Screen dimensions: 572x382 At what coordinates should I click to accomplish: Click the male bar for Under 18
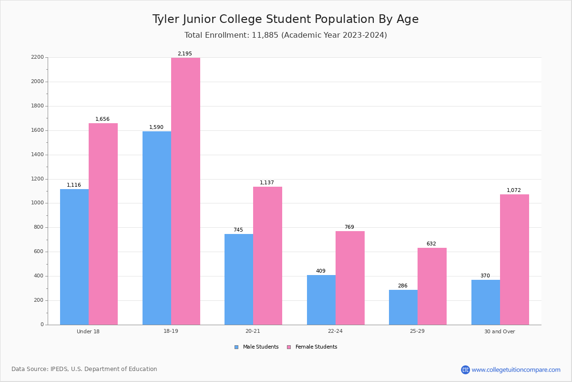tap(74, 257)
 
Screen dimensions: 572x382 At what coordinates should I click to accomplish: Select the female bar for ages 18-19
tap(185, 191)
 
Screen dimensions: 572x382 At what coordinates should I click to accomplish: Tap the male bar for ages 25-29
tap(403, 308)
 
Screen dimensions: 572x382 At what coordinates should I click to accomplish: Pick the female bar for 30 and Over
tap(514, 260)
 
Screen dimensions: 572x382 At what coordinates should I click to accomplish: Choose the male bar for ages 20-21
tap(239, 279)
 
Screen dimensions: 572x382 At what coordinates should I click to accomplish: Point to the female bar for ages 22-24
tap(350, 278)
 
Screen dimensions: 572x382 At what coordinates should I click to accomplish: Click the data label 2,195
tap(185, 54)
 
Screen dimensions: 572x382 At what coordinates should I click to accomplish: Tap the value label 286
tap(403, 286)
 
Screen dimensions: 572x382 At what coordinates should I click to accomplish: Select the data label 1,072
tap(514, 190)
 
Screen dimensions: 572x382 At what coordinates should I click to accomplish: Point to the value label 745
tap(238, 230)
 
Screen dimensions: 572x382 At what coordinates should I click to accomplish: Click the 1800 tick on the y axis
tap(37, 106)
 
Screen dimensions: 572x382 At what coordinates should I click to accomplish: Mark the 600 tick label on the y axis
tap(39, 252)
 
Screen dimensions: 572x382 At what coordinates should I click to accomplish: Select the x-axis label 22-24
tap(335, 331)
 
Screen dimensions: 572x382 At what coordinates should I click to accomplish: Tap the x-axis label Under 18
tap(88, 331)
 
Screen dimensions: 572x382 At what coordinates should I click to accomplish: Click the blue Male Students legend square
tap(236, 347)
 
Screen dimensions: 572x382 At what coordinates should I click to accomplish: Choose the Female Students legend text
tap(317, 347)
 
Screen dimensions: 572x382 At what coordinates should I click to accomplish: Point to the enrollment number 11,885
tap(265, 35)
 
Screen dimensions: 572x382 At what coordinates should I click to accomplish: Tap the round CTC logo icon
tap(465, 370)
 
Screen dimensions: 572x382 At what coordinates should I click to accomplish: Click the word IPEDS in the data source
tap(59, 369)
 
